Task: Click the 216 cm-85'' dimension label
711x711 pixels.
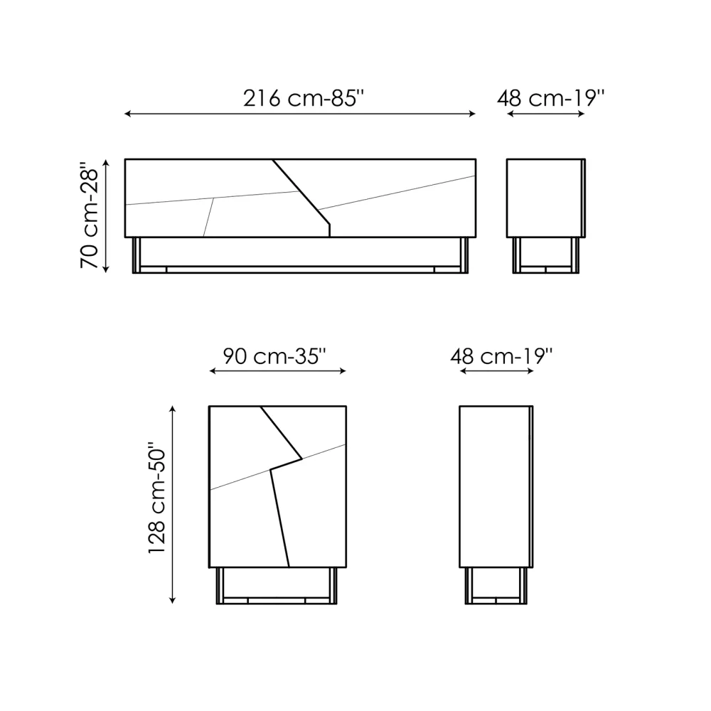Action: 304,98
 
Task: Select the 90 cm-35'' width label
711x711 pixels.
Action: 274,356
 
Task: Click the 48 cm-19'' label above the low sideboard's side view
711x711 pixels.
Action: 550,98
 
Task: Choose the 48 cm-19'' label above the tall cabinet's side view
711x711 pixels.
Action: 501,356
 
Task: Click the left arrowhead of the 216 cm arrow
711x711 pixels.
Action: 127,114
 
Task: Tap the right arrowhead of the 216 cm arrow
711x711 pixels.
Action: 472,114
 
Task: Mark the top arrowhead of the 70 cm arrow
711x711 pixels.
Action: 106,162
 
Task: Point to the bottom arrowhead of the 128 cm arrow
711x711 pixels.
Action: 172,600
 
